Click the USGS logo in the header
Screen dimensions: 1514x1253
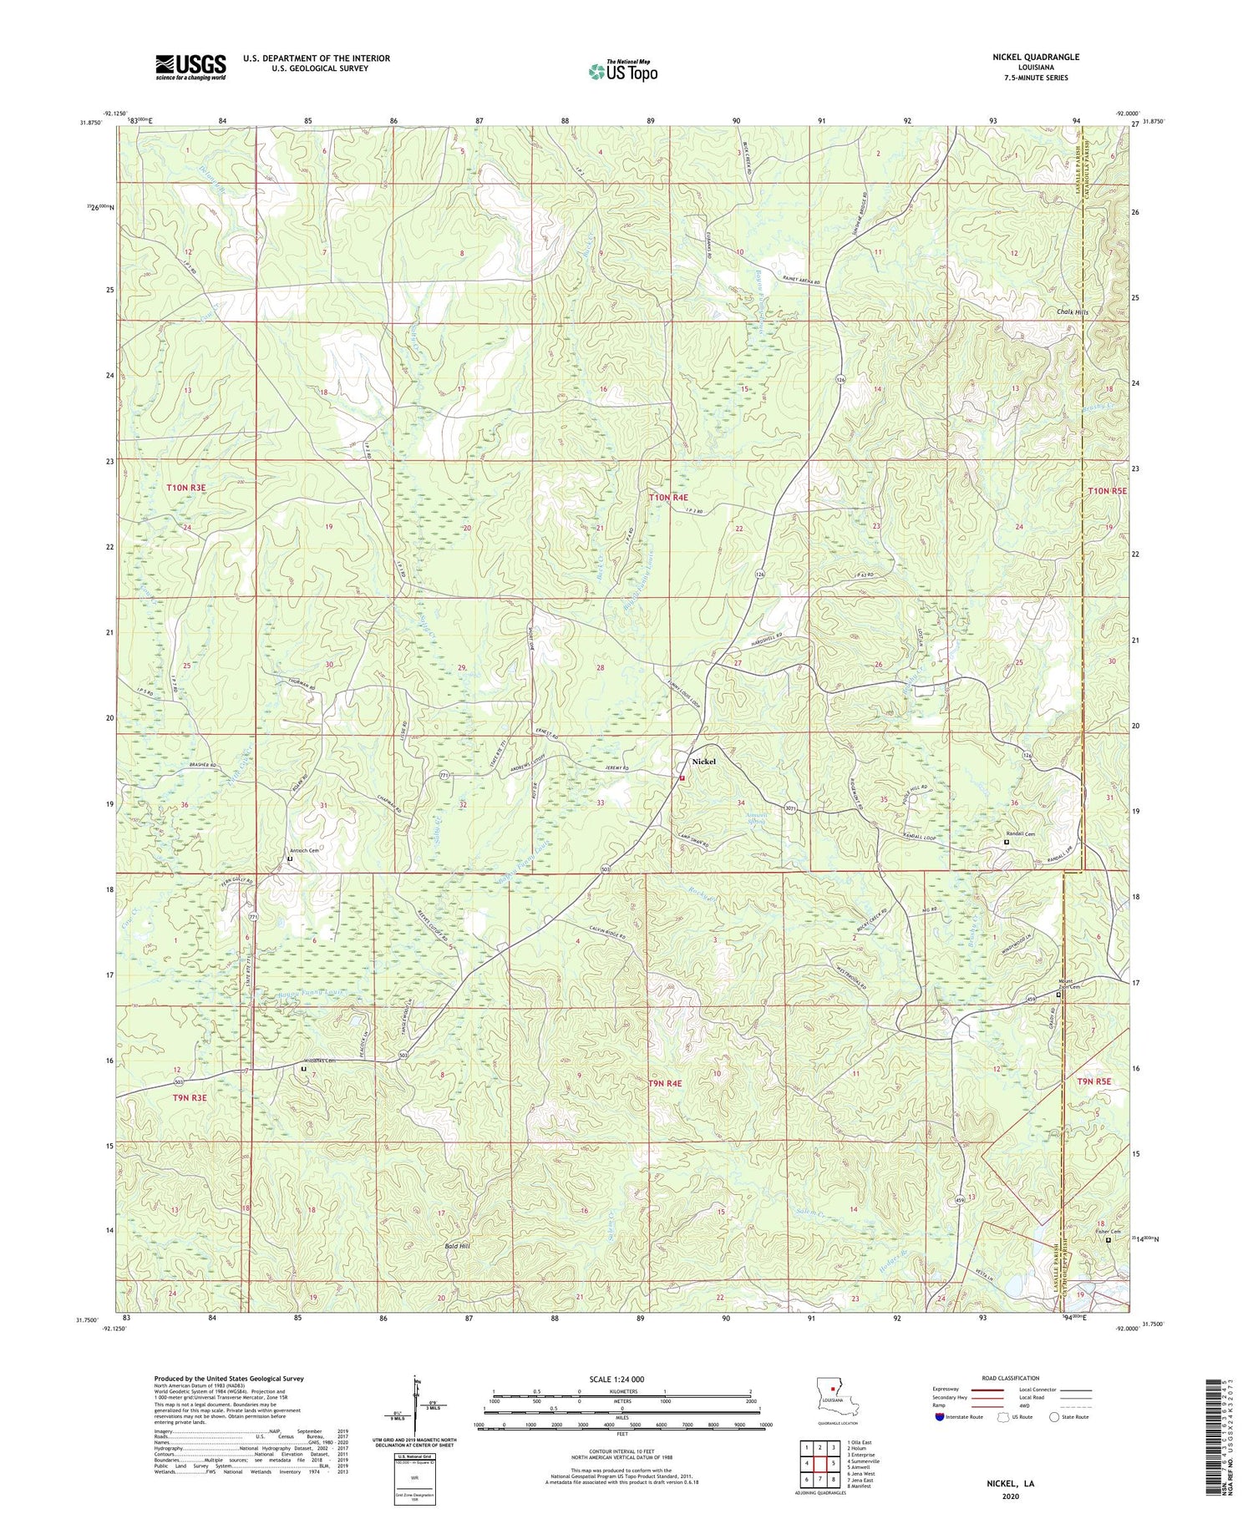tap(190, 66)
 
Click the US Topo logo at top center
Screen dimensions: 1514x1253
tap(622, 71)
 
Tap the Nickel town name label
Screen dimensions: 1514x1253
tap(703, 762)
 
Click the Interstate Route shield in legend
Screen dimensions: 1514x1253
tap(939, 1417)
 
